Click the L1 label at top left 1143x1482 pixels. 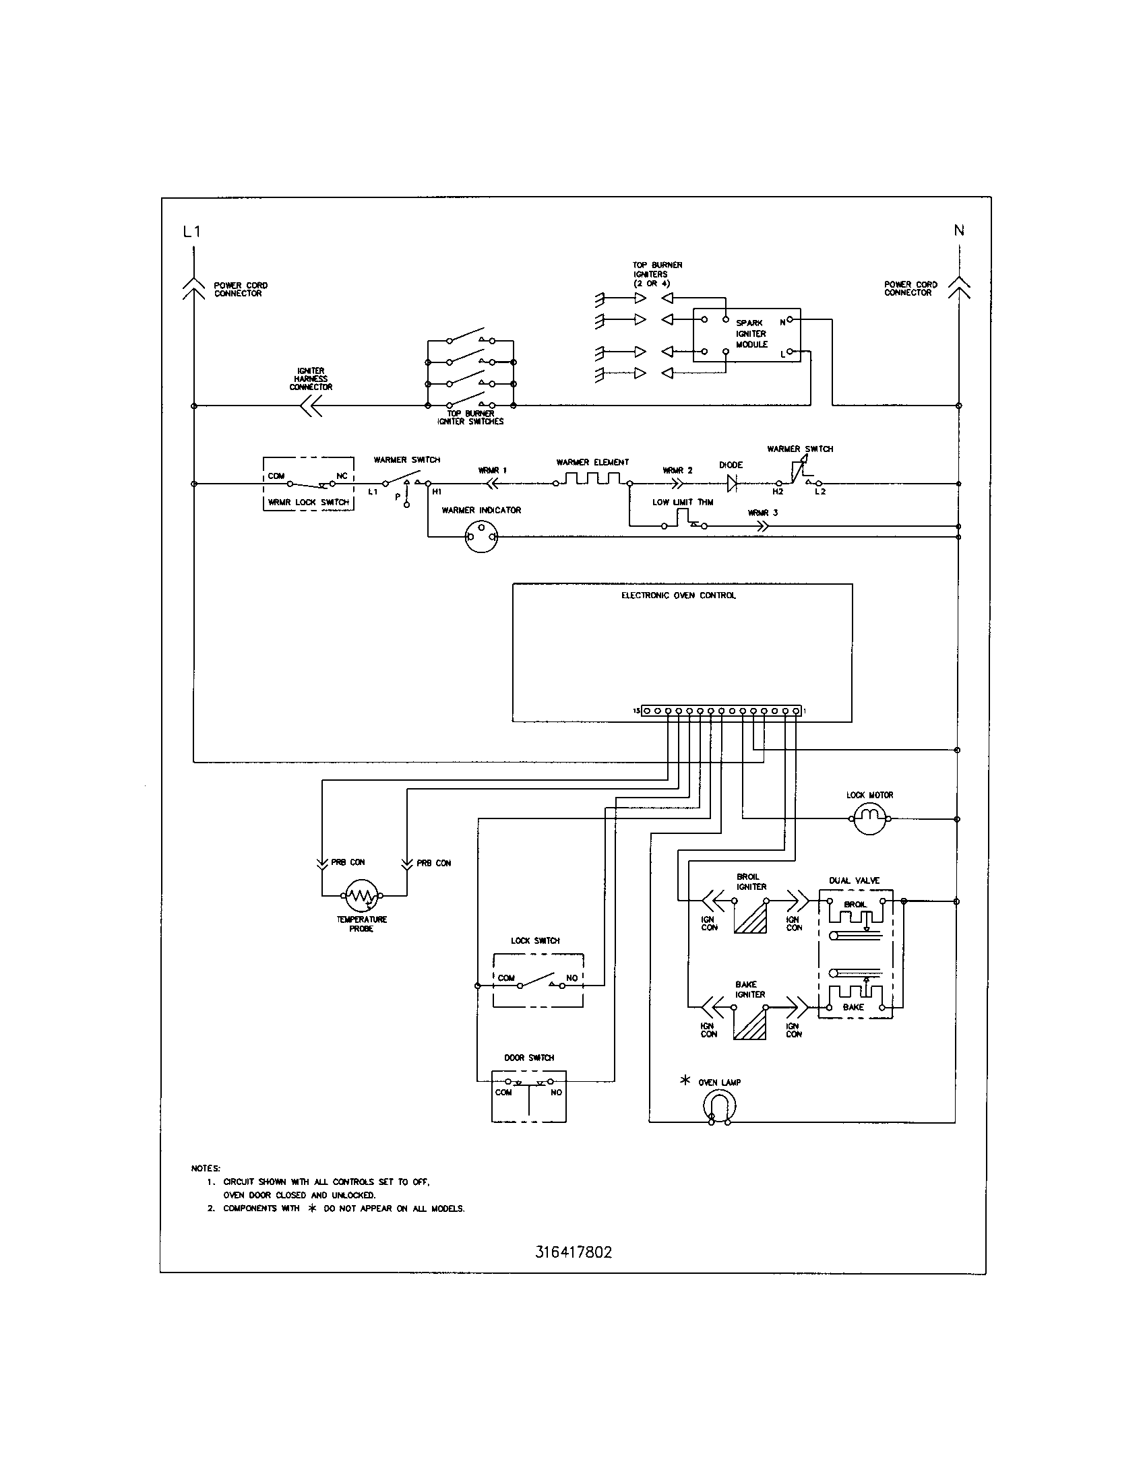point(192,231)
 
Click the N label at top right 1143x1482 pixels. point(959,230)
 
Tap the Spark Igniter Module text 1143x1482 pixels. point(751,334)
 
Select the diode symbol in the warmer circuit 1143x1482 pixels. point(732,483)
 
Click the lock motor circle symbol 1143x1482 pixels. point(869,818)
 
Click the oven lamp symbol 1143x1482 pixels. point(719,1109)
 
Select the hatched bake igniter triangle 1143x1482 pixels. point(752,1024)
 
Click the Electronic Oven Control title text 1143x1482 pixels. point(679,595)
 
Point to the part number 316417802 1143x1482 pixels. point(574,1252)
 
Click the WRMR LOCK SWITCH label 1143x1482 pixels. point(308,502)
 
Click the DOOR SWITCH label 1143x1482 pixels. point(529,1057)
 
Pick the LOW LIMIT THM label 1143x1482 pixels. point(683,502)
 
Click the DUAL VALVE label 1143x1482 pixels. point(854,880)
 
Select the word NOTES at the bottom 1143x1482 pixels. point(206,1168)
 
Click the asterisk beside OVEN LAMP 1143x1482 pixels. point(685,1080)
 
